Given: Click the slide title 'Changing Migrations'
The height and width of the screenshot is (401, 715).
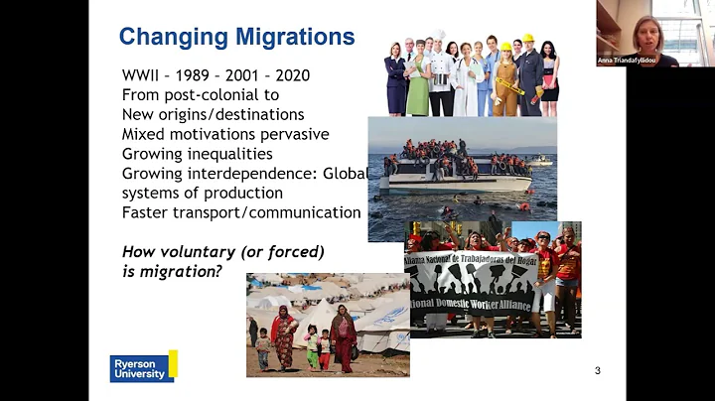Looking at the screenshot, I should (x=236, y=38).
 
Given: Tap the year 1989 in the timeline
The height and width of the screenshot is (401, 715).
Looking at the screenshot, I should (x=200, y=75).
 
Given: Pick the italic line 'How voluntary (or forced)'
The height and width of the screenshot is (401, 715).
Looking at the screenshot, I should (x=223, y=251).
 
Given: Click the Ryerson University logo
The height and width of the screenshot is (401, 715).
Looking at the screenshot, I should (x=143, y=367).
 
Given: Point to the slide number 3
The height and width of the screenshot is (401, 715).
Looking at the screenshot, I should (x=597, y=371).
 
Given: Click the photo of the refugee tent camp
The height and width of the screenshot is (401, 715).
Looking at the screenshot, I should (x=327, y=325).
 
